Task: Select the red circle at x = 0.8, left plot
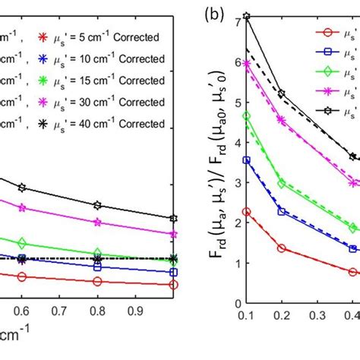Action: tap(97, 281)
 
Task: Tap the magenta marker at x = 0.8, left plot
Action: tap(97, 222)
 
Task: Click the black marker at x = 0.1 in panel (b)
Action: tap(246, 16)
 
